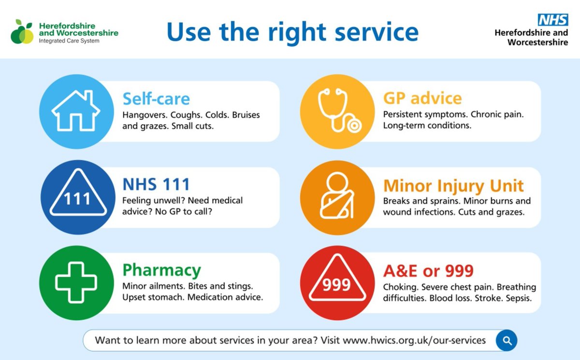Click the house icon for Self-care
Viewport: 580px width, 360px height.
pyautogui.click(x=76, y=111)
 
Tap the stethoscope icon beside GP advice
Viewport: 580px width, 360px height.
pyautogui.click(x=338, y=111)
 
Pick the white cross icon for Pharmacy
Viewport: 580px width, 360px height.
pyautogui.click(x=76, y=283)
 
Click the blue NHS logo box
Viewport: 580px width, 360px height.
pyautogui.click(x=553, y=20)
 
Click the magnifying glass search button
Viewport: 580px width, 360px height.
pyautogui.click(x=507, y=341)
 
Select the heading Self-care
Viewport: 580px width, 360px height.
pyautogui.click(x=156, y=99)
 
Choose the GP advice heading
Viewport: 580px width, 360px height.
pyautogui.click(x=422, y=98)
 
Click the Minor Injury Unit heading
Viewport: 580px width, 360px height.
pyautogui.click(x=453, y=186)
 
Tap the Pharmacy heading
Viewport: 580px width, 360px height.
pyautogui.click(x=161, y=270)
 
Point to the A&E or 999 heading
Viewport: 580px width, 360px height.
pyautogui.click(x=428, y=271)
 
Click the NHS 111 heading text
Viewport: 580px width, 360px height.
pyautogui.click(x=156, y=184)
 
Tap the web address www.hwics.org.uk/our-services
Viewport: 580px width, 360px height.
pyautogui.click(x=414, y=340)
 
